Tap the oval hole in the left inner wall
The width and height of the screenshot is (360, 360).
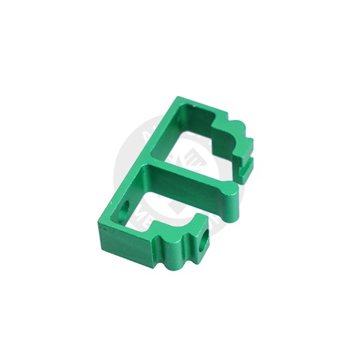124,206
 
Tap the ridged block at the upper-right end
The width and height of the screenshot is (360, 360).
238,139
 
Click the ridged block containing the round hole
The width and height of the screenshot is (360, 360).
198,232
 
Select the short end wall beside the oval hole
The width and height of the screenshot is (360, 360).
120,217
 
